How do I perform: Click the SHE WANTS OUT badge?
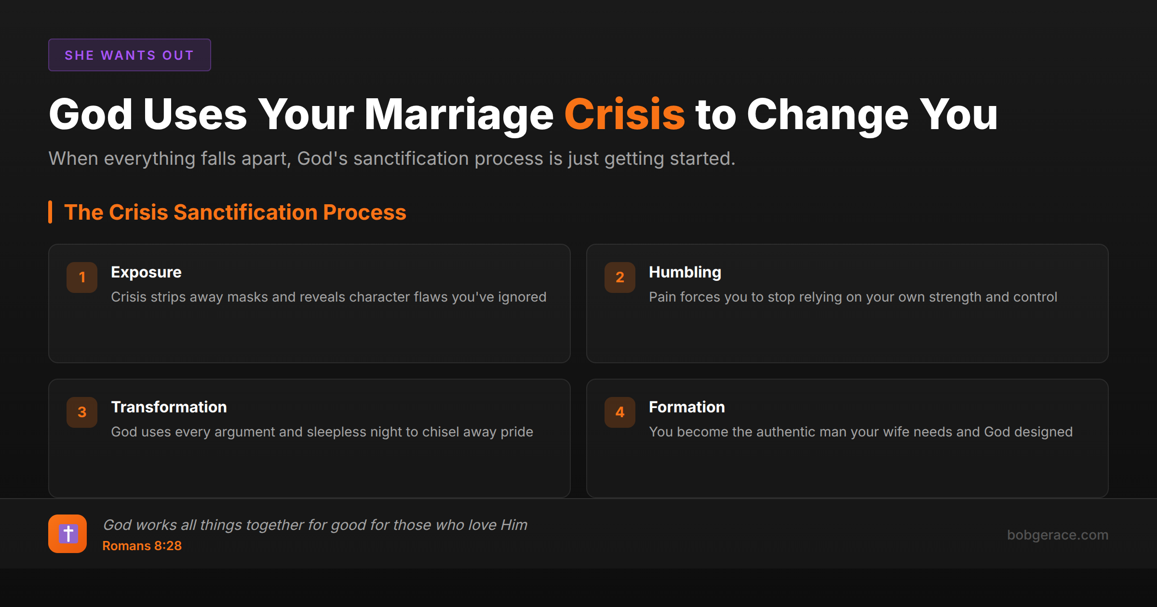click(x=129, y=55)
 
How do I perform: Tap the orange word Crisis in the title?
click(x=624, y=115)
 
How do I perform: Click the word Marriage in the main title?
click(x=458, y=115)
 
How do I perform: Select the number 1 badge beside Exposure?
click(x=82, y=277)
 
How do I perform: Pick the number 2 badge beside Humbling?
click(x=620, y=277)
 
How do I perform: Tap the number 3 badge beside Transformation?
click(x=82, y=412)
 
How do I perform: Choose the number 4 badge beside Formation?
click(x=620, y=412)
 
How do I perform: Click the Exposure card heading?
click(x=146, y=272)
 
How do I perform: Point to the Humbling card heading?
click(x=685, y=272)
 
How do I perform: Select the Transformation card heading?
click(x=169, y=407)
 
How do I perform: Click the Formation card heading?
click(x=687, y=407)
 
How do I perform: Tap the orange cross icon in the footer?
click(x=67, y=534)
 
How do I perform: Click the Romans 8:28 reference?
click(x=142, y=546)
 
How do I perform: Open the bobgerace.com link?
click(x=1058, y=535)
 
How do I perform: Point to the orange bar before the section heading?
click(x=50, y=212)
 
